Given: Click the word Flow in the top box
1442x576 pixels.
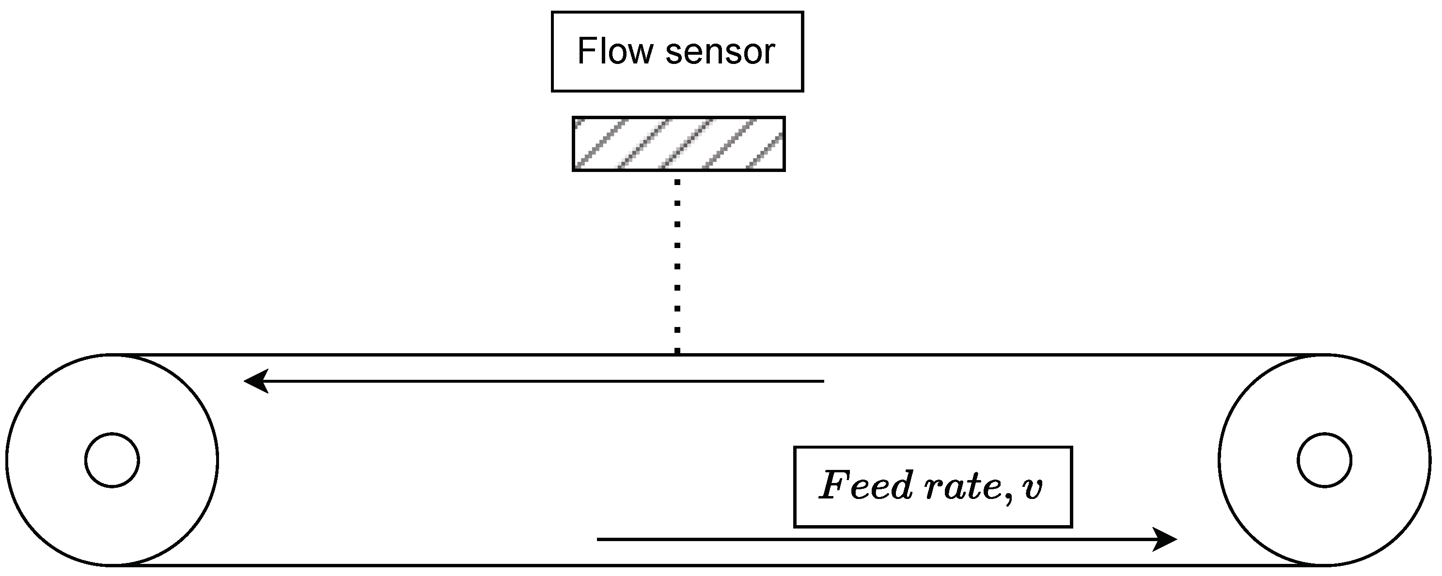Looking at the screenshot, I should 614,51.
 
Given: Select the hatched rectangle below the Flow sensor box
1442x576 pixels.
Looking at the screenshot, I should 678,144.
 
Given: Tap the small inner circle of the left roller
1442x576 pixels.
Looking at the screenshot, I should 112,460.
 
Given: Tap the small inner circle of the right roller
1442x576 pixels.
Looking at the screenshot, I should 1324,460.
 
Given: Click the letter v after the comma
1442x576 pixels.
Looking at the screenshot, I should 1032,489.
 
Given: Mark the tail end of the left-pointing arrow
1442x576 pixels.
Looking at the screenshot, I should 823,381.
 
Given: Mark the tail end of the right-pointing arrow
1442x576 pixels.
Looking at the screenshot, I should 598,540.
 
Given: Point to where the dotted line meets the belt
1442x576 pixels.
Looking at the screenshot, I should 677,353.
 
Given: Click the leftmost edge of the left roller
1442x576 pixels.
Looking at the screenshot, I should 7,460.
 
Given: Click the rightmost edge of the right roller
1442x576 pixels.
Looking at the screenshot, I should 1430,460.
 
